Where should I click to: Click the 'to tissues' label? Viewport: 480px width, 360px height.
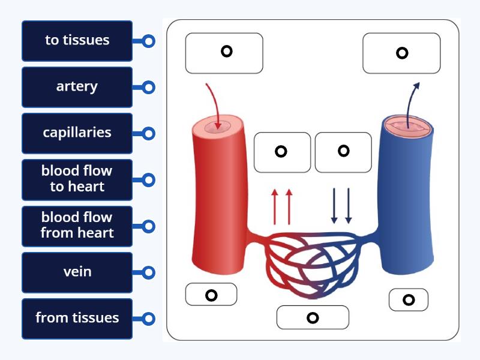coord(77,41)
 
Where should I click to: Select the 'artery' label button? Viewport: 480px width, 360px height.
coord(77,87)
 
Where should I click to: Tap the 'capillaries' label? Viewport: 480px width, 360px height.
coord(77,133)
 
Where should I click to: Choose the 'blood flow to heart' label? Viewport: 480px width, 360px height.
coord(77,179)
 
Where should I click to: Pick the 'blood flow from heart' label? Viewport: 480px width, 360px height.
coord(77,226)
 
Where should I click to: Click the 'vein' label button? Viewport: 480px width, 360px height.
coord(77,272)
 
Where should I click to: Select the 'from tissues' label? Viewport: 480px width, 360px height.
coord(77,318)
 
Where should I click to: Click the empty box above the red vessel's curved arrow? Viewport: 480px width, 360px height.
coord(224,53)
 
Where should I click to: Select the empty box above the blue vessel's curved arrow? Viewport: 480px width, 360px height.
coord(401,53)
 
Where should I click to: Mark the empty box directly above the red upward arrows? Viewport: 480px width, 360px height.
coord(282,152)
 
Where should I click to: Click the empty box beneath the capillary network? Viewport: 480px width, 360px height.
coord(313,317)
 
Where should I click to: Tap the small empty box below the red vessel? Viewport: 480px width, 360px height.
coord(211,295)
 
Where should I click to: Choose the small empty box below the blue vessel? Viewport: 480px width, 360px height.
coord(409,300)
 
